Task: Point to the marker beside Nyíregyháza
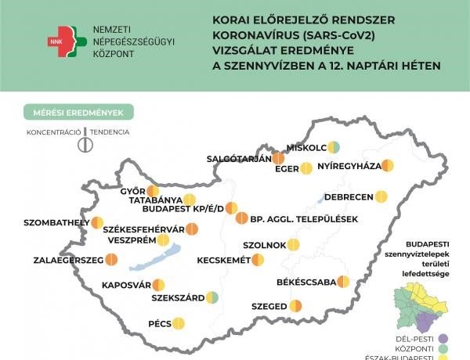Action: point(387,166)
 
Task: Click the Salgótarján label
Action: point(238,158)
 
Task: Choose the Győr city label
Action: point(132,191)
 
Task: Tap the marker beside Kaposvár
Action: point(158,285)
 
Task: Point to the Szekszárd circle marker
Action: point(212,297)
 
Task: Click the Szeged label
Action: point(269,306)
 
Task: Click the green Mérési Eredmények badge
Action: point(78,112)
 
